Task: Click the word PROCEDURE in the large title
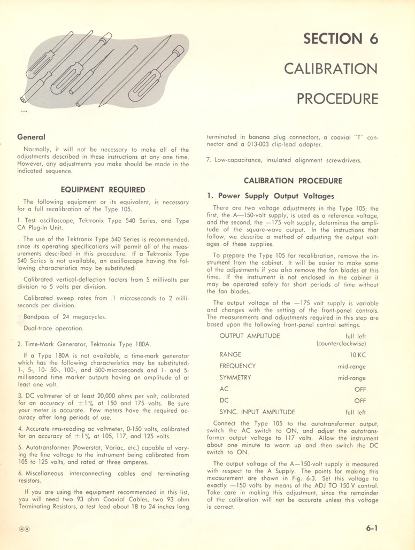coord(337,99)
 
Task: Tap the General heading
coord(31,137)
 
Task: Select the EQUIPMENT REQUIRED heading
coord(103,189)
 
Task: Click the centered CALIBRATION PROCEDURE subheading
coord(293,181)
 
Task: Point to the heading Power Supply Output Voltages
coord(276,196)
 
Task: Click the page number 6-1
coord(372,528)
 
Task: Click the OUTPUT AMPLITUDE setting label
coord(249,336)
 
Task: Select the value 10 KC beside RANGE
coord(357,354)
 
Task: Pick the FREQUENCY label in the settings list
coord(237,366)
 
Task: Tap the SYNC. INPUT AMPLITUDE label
coord(257,412)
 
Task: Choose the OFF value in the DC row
coord(359,400)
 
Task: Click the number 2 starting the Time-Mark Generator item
coord(19,344)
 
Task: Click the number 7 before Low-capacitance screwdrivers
coord(209,160)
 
